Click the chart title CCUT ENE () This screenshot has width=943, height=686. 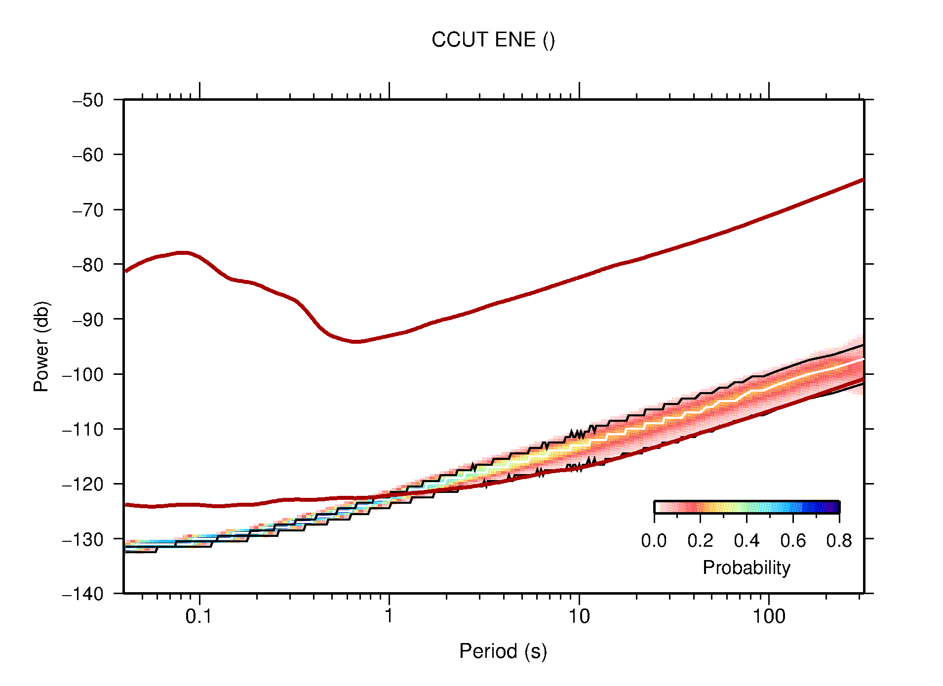(x=493, y=40)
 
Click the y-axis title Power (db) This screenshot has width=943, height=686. (x=41, y=346)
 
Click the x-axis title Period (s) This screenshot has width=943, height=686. (x=503, y=651)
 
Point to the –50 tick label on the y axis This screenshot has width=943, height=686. (x=88, y=100)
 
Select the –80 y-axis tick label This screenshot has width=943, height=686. (x=88, y=265)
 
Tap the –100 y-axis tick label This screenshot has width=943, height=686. (x=83, y=374)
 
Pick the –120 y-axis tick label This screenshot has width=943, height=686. (x=83, y=484)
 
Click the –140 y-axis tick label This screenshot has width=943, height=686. (x=83, y=594)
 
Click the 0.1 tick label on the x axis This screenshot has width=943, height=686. (x=198, y=616)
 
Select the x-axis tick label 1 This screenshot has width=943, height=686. (x=389, y=616)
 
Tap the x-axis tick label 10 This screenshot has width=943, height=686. (x=579, y=616)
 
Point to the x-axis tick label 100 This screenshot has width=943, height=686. (x=768, y=616)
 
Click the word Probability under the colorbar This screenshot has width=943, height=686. (x=746, y=568)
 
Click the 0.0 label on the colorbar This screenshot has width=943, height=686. (x=654, y=541)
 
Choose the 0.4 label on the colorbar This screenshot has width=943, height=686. (x=747, y=541)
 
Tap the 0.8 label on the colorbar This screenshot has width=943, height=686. (x=839, y=541)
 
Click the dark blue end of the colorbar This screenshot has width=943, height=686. (x=834, y=507)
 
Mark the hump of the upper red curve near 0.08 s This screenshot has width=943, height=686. (x=183, y=253)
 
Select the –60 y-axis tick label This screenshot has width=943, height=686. (x=88, y=155)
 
